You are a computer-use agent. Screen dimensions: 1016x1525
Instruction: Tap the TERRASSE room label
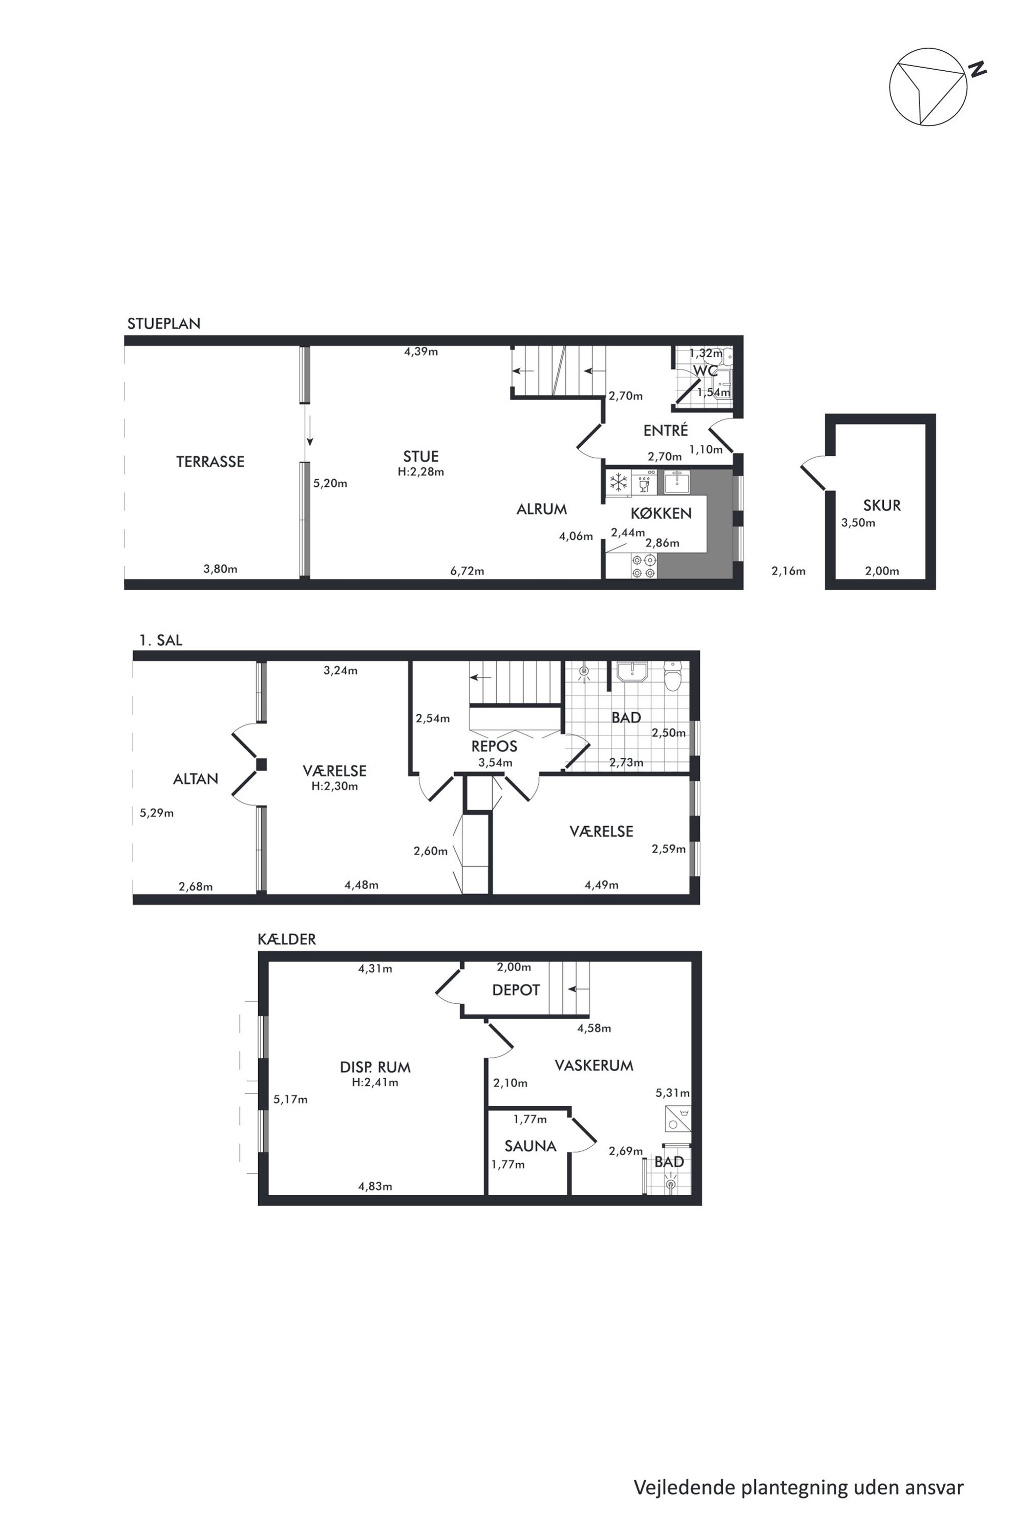coord(210,462)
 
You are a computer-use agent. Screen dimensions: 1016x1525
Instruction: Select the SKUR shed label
coord(882,505)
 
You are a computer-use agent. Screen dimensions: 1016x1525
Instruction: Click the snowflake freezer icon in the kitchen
coord(619,482)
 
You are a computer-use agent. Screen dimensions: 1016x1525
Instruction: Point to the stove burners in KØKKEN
coord(643,567)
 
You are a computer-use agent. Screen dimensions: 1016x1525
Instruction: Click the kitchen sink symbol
coord(676,482)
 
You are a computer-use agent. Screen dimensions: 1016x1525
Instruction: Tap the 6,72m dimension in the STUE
coord(467,571)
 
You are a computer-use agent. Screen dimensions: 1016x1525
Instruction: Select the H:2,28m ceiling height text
coord(420,472)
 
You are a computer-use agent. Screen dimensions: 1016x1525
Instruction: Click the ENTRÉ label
coord(665,430)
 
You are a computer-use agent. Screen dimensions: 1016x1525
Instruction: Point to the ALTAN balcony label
coord(196,779)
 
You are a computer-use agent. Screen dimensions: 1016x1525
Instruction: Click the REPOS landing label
coord(494,746)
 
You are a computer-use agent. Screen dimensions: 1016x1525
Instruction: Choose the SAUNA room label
coord(531,1146)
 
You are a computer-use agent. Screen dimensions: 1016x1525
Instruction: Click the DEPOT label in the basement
coord(516,990)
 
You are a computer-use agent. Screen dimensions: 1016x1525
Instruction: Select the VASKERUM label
coord(594,1065)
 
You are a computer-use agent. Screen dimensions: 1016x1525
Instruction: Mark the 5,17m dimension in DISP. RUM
coord(290,1099)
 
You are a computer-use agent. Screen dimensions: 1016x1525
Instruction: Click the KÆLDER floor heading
coord(286,939)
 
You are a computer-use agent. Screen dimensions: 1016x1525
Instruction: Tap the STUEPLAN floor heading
coord(164,323)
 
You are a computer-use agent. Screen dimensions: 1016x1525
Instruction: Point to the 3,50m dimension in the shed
coord(858,523)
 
